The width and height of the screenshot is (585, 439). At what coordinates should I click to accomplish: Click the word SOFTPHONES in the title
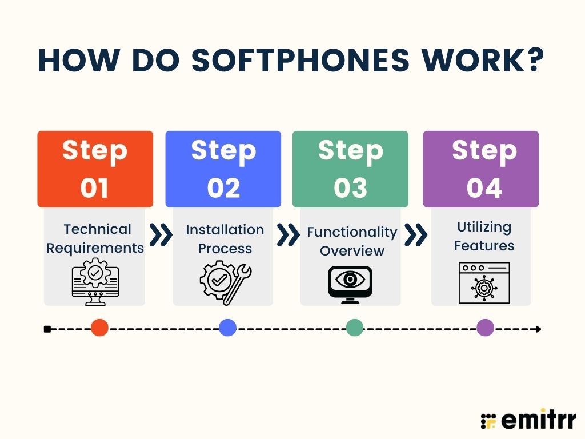(x=300, y=60)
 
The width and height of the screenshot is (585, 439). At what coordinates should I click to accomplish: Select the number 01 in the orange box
(x=94, y=187)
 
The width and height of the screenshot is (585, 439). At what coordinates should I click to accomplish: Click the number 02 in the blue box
(x=223, y=187)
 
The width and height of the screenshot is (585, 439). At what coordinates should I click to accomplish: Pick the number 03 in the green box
(x=350, y=187)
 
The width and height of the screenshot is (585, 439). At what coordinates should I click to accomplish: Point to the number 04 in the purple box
(x=484, y=187)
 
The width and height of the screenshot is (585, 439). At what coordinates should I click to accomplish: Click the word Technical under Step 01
(x=97, y=229)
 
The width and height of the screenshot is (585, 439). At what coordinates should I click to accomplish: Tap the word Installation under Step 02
(x=225, y=230)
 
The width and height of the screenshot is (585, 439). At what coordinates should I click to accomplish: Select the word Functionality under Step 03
(x=352, y=232)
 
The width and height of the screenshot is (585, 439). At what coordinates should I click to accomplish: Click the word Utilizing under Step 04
(x=484, y=227)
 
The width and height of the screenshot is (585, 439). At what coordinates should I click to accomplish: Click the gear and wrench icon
(x=226, y=282)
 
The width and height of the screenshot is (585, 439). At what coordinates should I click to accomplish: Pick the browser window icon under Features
(x=484, y=282)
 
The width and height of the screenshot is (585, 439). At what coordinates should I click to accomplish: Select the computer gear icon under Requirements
(x=95, y=281)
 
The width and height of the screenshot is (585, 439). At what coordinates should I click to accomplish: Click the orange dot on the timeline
(x=99, y=328)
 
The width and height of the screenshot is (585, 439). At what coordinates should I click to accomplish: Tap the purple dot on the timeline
(x=486, y=328)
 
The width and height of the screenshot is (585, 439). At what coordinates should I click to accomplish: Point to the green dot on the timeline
(x=355, y=328)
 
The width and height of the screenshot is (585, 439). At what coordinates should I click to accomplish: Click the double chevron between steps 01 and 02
(x=161, y=235)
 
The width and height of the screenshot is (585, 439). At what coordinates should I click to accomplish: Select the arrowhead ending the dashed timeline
(x=538, y=329)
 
